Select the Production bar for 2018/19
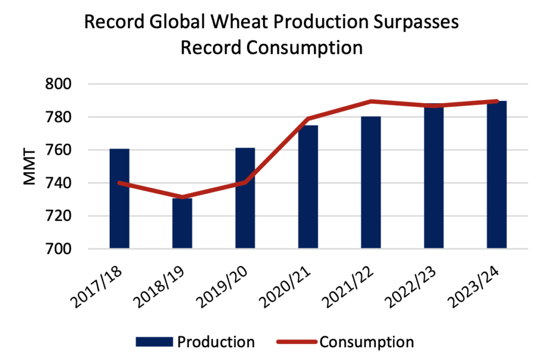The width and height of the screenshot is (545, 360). (x=182, y=223)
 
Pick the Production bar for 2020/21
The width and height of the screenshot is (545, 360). (x=308, y=191)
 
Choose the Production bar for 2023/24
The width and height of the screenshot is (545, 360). (x=497, y=175)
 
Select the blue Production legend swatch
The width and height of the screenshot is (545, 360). (x=154, y=341)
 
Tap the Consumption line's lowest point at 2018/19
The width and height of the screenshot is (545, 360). (x=182, y=197)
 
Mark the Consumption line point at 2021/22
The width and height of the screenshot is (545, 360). (x=371, y=101)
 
